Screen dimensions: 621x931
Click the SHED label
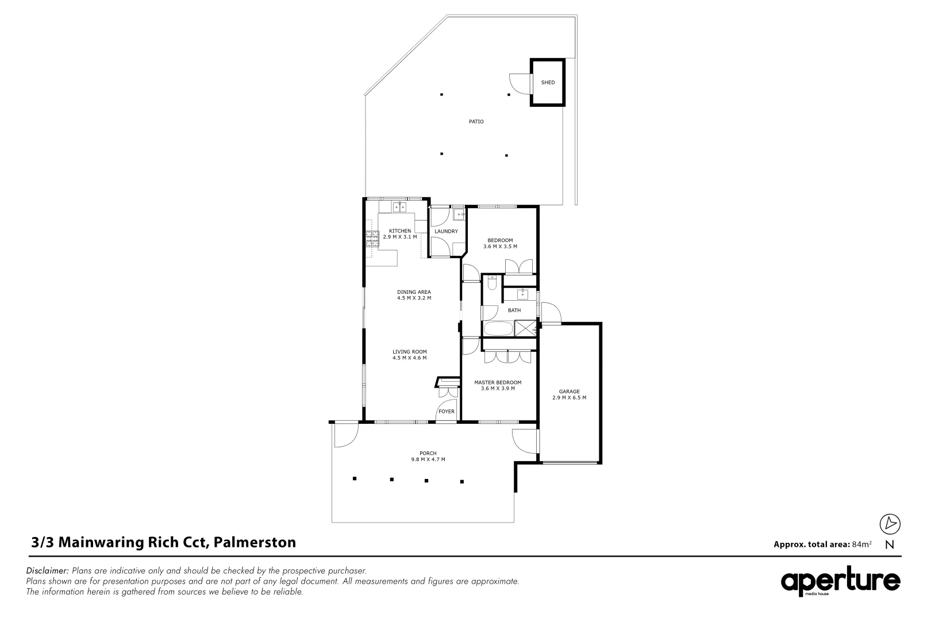pos(548,82)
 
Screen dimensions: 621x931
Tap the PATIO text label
pos(476,121)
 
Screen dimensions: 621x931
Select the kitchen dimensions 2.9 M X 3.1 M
pos(399,237)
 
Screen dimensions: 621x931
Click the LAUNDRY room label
pos(446,232)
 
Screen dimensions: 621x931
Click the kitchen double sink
pos(399,207)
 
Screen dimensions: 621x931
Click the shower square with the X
pos(525,328)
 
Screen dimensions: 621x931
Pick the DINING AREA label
pos(414,292)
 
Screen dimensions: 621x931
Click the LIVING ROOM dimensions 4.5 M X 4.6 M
pos(409,358)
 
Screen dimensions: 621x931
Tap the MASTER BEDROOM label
pos(498,382)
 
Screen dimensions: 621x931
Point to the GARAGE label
pos(569,392)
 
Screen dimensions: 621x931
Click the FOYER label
pos(447,412)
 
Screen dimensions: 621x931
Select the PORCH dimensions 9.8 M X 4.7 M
pos(428,459)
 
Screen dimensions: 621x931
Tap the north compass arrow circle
pos(890,524)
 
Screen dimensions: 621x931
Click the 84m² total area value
pos(861,544)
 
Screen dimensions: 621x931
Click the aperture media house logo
pos(840,582)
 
